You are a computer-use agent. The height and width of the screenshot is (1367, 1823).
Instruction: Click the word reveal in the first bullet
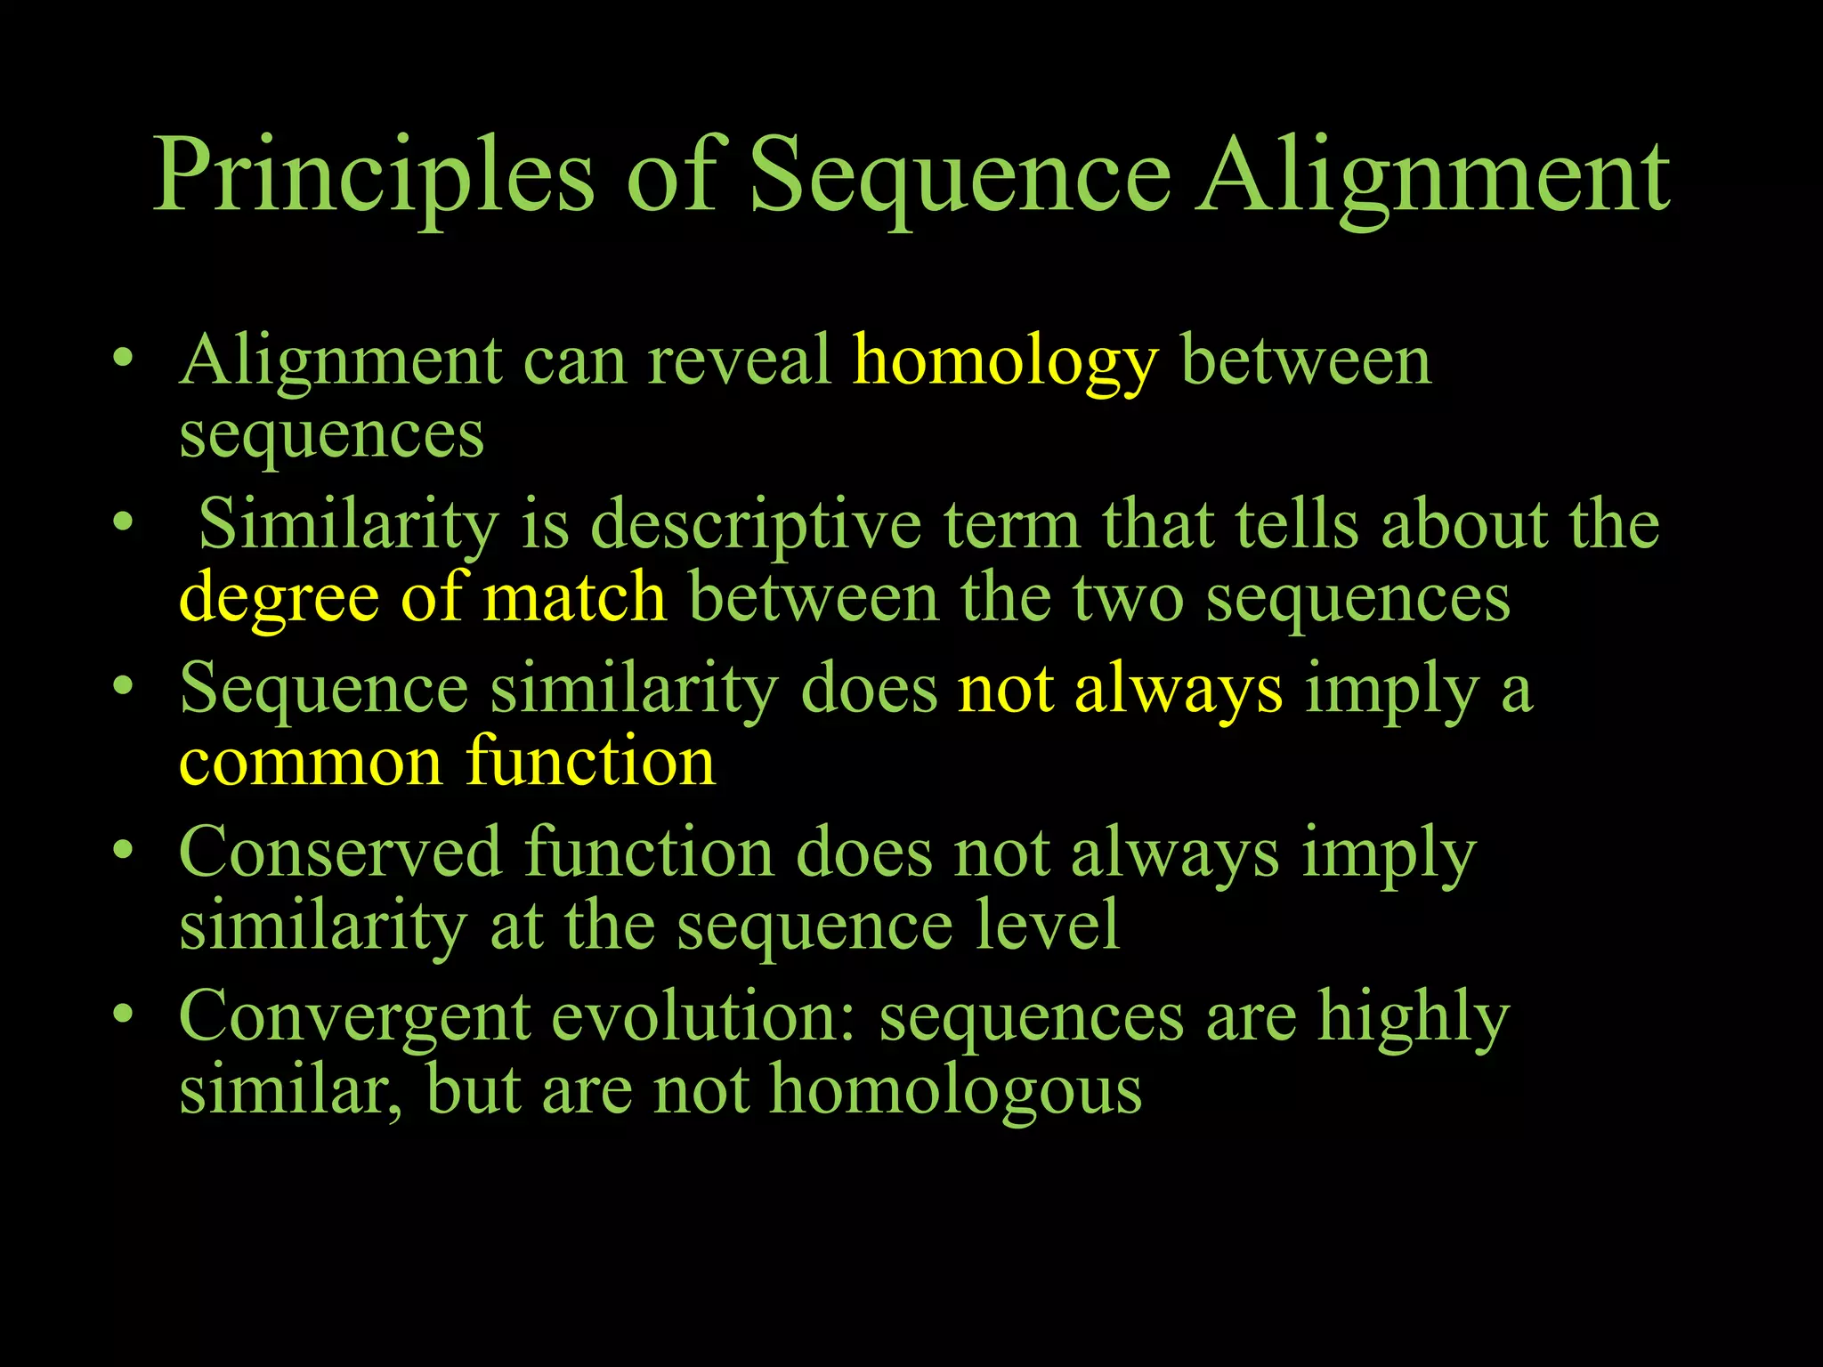739,360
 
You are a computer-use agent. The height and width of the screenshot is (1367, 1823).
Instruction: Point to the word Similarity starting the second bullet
348,525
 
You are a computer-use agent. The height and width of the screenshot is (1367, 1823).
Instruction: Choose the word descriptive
756,525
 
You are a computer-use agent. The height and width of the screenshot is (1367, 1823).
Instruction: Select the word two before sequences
1128,598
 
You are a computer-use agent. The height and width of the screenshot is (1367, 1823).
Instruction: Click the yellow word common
311,764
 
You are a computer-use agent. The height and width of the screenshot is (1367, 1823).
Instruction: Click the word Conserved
340,853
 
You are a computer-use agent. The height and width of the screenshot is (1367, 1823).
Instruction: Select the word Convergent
354,1017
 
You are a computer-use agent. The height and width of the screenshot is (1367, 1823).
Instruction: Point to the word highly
1414,1017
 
